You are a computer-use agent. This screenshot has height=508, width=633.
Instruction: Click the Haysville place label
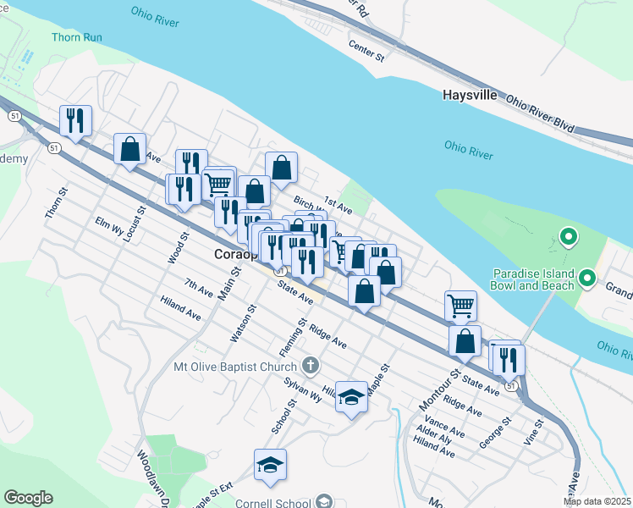470,95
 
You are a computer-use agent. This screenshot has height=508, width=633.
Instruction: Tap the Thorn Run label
77,37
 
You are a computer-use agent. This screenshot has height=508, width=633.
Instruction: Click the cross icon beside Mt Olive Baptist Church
311,366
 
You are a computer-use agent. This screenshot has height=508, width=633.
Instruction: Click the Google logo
28,498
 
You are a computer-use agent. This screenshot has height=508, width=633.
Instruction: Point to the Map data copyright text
597,501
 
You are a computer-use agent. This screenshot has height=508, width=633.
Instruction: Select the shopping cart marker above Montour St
460,305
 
